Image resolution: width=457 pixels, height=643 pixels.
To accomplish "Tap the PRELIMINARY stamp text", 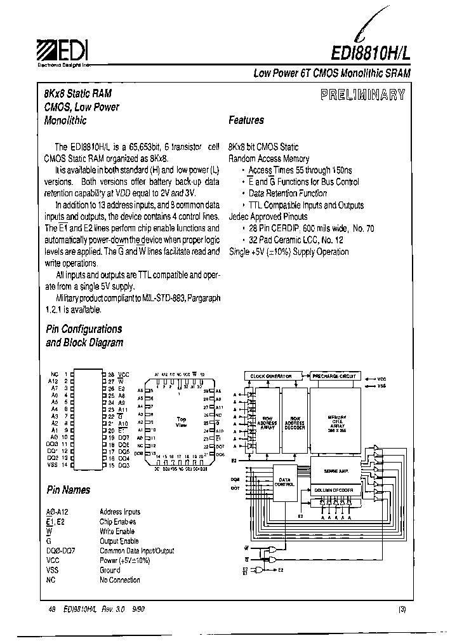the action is (362, 96).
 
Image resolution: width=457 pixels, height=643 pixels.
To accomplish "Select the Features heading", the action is (246, 120).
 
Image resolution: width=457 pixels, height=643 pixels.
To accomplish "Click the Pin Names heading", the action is (68, 490).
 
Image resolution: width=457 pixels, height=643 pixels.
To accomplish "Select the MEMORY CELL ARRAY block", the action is (336, 423).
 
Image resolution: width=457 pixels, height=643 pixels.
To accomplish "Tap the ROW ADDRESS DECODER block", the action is (294, 423).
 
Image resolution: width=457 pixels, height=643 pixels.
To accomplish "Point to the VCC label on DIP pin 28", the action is (124, 375).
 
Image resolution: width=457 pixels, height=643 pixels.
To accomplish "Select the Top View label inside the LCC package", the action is (181, 423).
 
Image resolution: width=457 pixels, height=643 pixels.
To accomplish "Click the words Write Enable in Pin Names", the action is (117, 531).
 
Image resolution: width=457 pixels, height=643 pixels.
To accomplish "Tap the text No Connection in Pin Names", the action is (120, 580).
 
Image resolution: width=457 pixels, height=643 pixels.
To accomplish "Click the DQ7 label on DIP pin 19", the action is (123, 438).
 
